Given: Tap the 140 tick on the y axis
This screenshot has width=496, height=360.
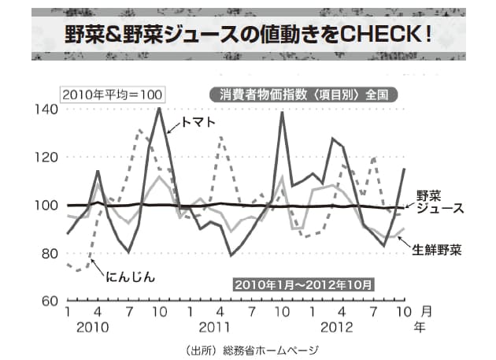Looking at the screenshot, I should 46,109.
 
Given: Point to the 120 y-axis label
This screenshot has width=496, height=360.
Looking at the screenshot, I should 46,157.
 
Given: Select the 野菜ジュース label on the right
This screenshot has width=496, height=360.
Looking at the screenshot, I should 439,202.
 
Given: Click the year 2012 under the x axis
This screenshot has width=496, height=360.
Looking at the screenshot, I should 334,326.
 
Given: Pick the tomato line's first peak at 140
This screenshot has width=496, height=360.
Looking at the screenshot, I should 159,109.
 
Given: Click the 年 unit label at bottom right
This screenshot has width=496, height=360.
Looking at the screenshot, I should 426,326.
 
